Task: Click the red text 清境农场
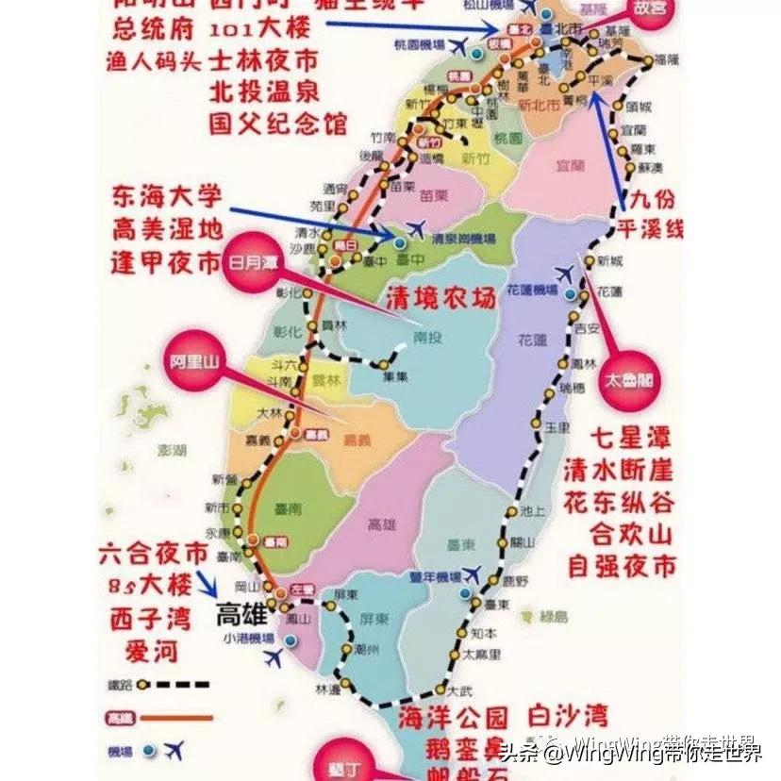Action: click(440, 299)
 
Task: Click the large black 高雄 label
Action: click(242, 615)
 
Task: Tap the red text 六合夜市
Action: click(152, 554)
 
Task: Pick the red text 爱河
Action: click(150, 650)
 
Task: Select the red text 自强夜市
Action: click(622, 566)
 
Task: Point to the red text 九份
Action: click(653, 200)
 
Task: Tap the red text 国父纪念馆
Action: click(278, 124)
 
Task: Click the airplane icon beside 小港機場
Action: click(274, 658)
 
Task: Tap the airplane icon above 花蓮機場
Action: click(565, 274)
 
